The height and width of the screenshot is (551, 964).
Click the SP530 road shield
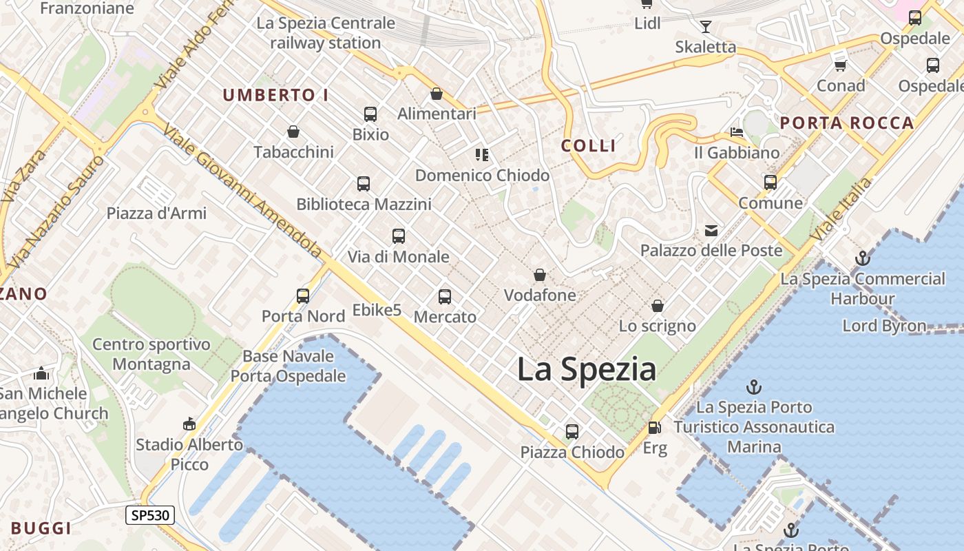(150, 515)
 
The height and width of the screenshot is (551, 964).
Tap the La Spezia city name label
(587, 369)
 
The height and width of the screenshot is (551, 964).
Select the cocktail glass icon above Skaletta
(706, 27)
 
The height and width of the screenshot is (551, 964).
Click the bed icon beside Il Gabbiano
(737, 132)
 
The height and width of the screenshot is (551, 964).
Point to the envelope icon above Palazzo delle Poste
(711, 231)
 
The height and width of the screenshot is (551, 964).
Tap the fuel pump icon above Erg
(654, 428)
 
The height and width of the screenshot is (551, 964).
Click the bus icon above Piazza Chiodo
(572, 432)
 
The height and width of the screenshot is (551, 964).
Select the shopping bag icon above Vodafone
(540, 275)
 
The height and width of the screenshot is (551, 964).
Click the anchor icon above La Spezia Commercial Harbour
(862, 258)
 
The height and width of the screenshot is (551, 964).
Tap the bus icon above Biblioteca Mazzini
(364, 184)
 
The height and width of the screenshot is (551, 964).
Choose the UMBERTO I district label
(275, 96)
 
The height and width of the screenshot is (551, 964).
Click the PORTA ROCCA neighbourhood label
(847, 123)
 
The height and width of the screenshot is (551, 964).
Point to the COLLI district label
(588, 146)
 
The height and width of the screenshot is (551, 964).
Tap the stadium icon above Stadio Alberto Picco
(189, 424)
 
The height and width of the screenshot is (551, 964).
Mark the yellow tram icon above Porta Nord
(303, 296)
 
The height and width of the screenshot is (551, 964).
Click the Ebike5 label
(377, 310)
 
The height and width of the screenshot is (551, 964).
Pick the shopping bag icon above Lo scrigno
(658, 306)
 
